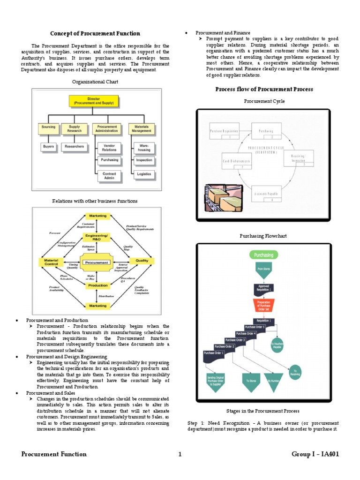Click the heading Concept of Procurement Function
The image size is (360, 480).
tap(95, 33)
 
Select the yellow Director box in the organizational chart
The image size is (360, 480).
tap(94, 102)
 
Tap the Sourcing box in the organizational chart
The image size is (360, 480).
tap(48, 128)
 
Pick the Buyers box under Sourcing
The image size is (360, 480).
tap(48, 146)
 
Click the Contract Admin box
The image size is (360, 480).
tap(109, 176)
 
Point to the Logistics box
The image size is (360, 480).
tap(144, 173)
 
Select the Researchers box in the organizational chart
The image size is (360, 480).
tap(74, 146)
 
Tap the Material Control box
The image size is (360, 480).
tap(51, 262)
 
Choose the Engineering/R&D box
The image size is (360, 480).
tap(97, 236)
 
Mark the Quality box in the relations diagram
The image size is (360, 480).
tap(142, 261)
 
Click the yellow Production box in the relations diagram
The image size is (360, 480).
tap(97, 285)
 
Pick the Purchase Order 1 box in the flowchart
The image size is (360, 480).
tap(215, 356)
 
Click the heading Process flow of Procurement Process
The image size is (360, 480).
tap(264, 89)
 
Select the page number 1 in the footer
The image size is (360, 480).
tap(180, 454)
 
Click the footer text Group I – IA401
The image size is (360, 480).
tap(315, 454)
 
